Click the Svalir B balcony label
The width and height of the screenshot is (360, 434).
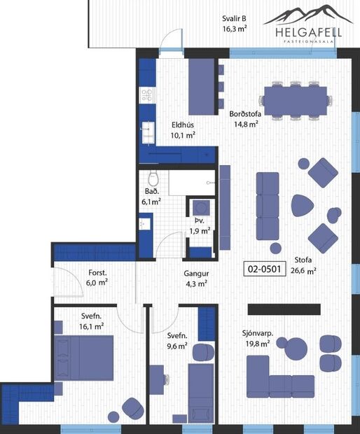(x=234, y=19)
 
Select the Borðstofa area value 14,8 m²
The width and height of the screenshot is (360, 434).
(x=246, y=124)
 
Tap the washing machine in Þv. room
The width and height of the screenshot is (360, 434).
(x=201, y=208)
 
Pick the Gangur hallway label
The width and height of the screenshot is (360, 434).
(x=196, y=274)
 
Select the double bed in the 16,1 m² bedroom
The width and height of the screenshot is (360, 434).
(x=85, y=356)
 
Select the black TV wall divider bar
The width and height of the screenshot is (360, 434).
(x=284, y=309)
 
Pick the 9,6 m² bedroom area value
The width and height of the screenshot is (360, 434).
(x=176, y=345)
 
